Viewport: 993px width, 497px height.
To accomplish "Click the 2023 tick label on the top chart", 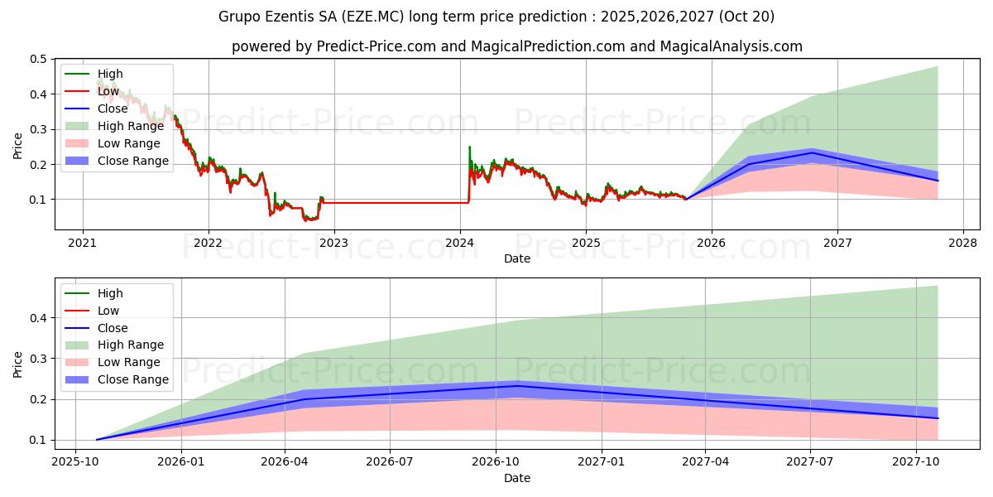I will (x=333, y=243).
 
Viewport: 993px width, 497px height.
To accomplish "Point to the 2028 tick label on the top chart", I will (x=963, y=243).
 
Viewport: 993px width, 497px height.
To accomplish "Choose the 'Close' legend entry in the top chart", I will (x=113, y=109).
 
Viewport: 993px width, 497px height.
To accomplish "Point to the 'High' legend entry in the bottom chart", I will (x=110, y=293).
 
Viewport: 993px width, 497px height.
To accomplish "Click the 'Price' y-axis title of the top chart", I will (x=17, y=145).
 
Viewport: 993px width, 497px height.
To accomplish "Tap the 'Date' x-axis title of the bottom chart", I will (x=517, y=478).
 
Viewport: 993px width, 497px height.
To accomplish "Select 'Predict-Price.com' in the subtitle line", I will (x=377, y=46).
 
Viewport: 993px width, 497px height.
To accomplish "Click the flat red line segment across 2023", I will (x=397, y=203).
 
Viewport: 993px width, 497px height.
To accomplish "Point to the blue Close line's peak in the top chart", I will (x=813, y=152).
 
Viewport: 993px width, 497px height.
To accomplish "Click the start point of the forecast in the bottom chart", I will (x=97, y=440).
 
